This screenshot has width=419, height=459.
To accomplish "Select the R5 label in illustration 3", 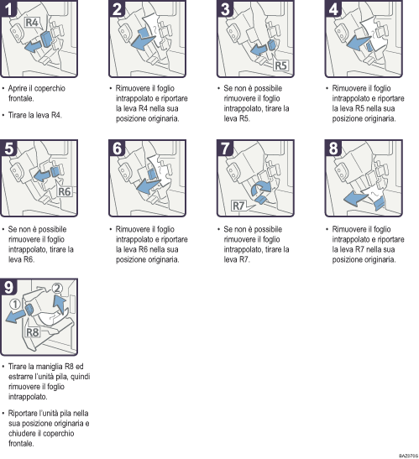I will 281,64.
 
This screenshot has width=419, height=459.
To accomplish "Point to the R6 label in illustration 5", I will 66,192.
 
